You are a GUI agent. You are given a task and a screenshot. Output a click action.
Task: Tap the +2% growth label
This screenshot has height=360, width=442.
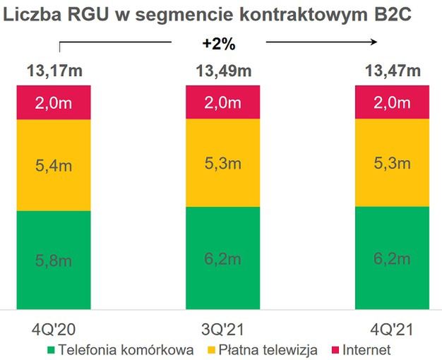coord(218,44)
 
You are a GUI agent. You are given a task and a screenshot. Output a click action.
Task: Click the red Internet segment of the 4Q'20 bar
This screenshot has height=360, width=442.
coord(54,102)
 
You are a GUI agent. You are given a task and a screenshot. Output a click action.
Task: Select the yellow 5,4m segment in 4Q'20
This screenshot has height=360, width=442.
coord(54,166)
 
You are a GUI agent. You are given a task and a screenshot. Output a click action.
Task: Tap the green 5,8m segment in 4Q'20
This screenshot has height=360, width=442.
coord(54,260)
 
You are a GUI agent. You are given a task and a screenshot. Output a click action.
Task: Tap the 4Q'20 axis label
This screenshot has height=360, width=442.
coord(54,329)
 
